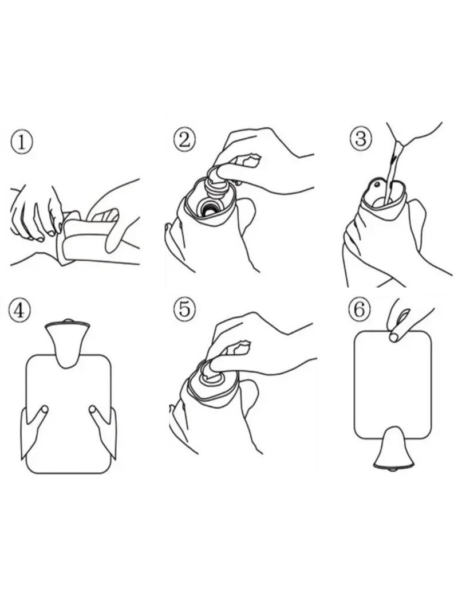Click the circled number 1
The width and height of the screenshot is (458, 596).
click(x=22, y=143)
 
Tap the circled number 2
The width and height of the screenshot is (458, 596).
click(x=184, y=139)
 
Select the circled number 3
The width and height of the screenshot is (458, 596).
click(x=361, y=139)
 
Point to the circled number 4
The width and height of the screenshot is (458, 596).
click(x=19, y=311)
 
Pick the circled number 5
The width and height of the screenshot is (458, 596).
click(x=184, y=308)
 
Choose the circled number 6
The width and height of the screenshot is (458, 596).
click(x=360, y=308)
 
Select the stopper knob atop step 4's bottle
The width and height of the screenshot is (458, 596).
click(x=68, y=321)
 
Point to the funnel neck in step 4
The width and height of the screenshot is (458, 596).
click(x=68, y=344)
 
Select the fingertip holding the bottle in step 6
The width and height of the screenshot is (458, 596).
click(x=394, y=338)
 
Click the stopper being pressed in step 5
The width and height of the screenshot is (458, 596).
click(x=216, y=377)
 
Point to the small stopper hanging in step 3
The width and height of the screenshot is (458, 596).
click(x=377, y=185)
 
